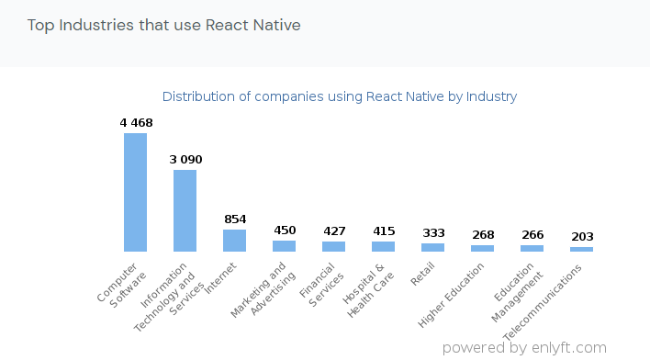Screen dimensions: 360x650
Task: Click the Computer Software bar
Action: (135, 192)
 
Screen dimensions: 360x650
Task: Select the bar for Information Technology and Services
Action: (185, 210)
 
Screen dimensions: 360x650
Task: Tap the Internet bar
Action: (234, 241)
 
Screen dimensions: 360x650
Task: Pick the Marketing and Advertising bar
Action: (284, 246)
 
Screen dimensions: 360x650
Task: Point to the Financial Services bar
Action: (333, 246)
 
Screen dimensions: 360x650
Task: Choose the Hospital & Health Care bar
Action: (383, 246)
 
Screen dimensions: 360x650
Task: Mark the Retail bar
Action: (432, 247)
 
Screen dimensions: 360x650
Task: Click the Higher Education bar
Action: (482, 248)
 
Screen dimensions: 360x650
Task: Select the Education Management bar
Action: (532, 248)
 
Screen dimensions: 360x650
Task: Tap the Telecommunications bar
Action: (581, 249)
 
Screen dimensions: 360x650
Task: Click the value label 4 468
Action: (136, 123)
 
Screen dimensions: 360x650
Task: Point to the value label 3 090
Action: (185, 160)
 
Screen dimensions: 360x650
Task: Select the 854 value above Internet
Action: (235, 219)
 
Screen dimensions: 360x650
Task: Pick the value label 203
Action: (582, 237)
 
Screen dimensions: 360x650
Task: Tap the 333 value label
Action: (433, 233)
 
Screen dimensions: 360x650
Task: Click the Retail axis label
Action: (423, 274)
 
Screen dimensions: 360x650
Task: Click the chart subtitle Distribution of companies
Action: (340, 96)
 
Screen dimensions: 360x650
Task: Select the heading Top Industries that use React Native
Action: (164, 25)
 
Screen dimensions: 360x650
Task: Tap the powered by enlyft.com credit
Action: (524, 348)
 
